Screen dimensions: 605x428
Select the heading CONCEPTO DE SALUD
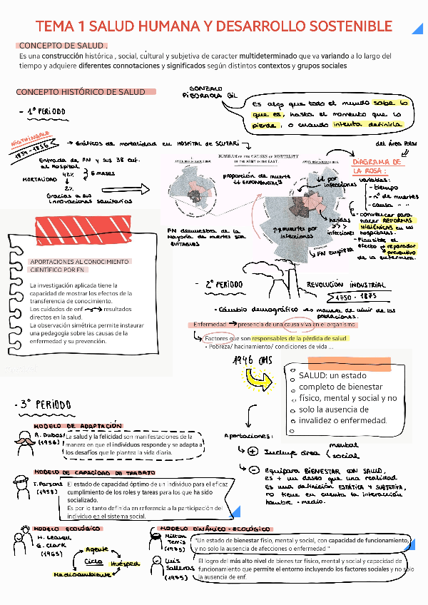[63, 45]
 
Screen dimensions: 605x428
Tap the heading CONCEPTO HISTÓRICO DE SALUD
[81, 92]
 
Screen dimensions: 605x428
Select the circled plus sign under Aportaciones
[253, 451]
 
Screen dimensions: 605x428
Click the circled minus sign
[253, 470]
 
